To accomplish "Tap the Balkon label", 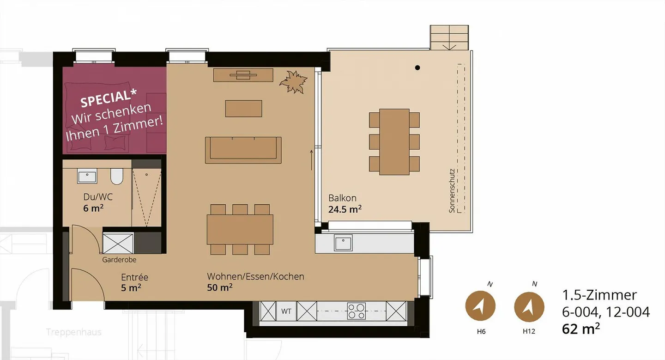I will tap(342, 198).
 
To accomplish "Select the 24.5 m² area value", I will tap(345, 209).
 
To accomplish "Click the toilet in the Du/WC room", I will tap(117, 177).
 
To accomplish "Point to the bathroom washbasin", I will tap(87, 177).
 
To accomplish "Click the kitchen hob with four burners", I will tap(356, 311).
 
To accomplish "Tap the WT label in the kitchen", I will tap(286, 311).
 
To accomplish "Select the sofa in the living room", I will tap(243, 150).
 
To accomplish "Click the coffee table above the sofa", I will tap(243, 109).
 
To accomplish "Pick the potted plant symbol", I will tap(293, 82).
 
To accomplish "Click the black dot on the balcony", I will tap(417, 68).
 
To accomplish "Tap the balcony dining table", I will tap(394, 142).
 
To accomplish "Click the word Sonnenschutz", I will tap(452, 190).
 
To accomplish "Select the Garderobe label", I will tap(119, 260).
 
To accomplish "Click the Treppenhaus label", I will tap(74, 332).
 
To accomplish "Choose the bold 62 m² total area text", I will tap(581, 329).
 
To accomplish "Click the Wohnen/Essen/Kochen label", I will tap(255, 277).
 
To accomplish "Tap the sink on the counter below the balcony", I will tap(343, 243).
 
